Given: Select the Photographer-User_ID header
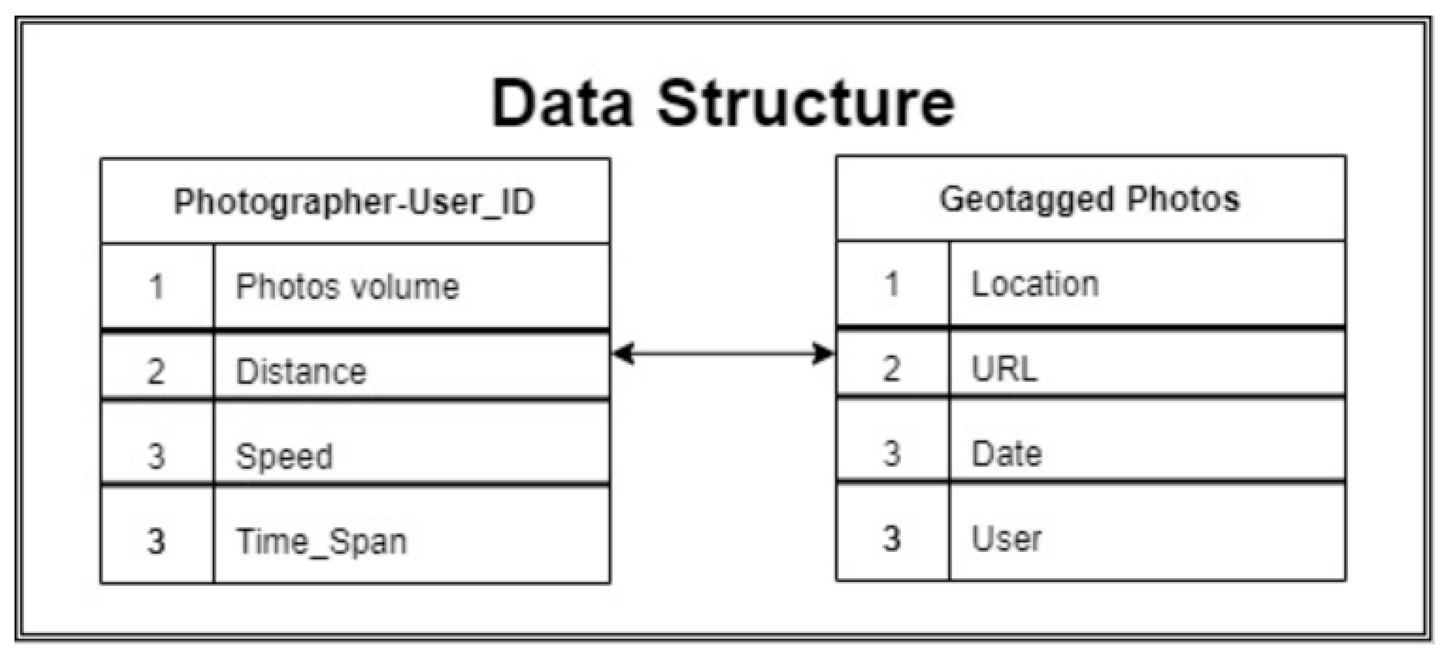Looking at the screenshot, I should click(x=354, y=202).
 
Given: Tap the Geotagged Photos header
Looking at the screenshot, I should click(x=1090, y=199).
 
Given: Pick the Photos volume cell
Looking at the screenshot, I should click(x=347, y=287).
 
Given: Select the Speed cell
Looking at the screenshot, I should click(x=284, y=456).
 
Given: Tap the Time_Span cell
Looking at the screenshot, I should click(x=321, y=542).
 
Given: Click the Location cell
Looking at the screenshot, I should click(x=1035, y=284).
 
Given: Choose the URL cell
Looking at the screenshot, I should click(x=1004, y=370).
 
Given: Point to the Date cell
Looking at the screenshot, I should click(x=1006, y=454).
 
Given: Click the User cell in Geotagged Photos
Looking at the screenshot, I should click(x=1006, y=539).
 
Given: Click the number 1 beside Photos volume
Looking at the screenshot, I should click(x=157, y=287).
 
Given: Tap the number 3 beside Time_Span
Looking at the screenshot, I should click(x=156, y=542).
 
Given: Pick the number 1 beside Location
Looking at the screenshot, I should click(x=892, y=284).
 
